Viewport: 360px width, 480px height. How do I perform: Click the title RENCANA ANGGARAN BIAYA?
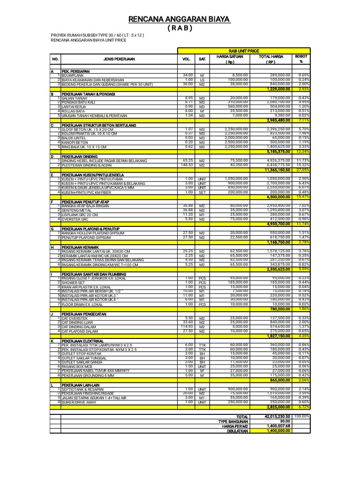point(180,19)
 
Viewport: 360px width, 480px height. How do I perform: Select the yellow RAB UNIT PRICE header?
point(243,51)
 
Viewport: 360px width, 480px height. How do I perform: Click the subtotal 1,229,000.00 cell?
point(278,89)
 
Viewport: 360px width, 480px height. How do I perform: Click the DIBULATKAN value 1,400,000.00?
point(278,430)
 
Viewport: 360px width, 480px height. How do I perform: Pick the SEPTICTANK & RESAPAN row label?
point(82,390)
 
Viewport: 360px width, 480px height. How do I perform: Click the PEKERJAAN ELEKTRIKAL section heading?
point(83,341)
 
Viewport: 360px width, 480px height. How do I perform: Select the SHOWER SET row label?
point(75,283)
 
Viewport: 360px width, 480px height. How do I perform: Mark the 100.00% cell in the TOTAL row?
point(302,416)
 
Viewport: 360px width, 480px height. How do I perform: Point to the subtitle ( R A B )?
point(180,28)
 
